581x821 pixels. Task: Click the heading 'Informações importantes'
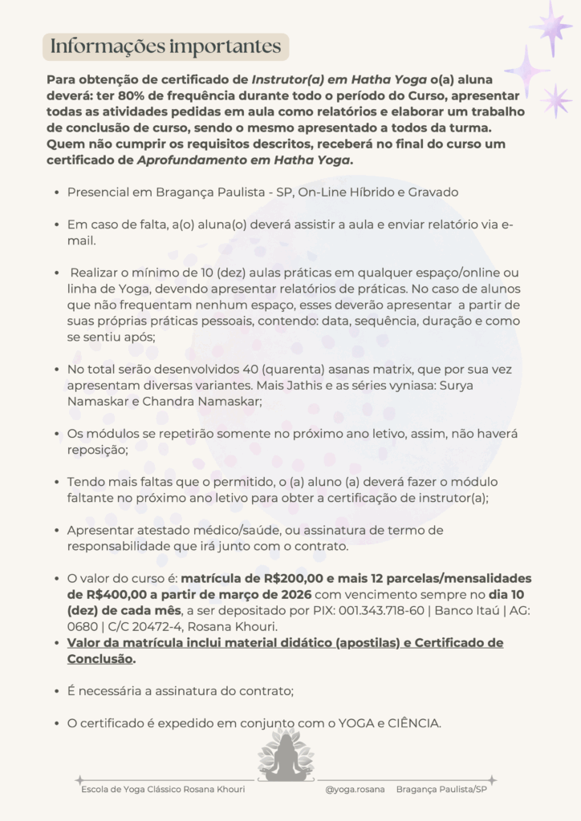(165, 47)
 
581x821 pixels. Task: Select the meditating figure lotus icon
(286, 756)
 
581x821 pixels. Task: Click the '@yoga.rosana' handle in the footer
(355, 790)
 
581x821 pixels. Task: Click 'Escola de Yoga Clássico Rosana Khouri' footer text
(163, 790)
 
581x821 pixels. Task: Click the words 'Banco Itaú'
(456, 611)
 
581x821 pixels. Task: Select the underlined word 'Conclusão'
(100, 658)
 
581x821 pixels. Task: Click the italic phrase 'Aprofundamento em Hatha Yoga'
(245, 160)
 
